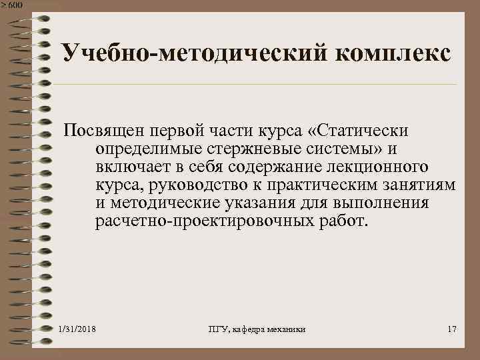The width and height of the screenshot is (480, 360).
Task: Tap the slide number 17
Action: pos(451,331)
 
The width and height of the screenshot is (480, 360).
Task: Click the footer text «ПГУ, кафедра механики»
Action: pos(257,331)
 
